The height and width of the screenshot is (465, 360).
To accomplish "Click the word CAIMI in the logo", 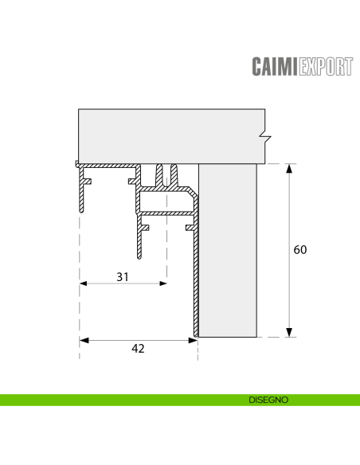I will coord(274,66).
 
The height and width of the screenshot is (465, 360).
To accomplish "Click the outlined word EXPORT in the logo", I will coord(325,66).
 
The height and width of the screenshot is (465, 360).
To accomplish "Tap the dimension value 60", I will coord(300,250).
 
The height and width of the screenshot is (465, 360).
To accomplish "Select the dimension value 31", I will coord(122,276).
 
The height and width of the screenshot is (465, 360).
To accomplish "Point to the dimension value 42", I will coord(138,347).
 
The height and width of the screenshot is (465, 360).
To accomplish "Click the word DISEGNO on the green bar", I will coord(268,400).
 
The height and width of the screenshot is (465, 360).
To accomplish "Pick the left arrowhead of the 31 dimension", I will coord(84,283).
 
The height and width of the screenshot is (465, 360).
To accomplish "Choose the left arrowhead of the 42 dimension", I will coord(84,340).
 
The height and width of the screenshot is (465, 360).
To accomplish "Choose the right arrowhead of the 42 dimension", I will coord(193,340).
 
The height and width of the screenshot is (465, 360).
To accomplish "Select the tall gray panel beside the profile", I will coord(228,250).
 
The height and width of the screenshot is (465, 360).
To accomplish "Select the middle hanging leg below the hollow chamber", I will coord(141,239).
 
